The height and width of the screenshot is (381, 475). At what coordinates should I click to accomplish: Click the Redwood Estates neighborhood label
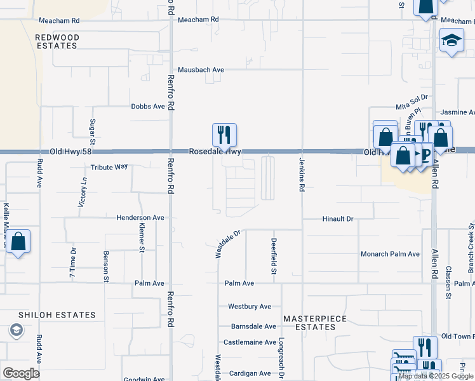tap(57, 42)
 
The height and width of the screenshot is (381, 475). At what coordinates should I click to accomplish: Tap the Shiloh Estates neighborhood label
tap(57, 315)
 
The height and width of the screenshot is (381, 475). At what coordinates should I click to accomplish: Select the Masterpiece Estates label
tap(309, 323)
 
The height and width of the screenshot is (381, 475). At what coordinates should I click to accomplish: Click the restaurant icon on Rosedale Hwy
tap(224, 135)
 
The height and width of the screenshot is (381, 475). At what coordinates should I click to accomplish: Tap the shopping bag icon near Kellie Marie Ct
tap(18, 242)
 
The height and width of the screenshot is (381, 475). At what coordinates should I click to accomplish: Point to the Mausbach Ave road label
tap(201, 70)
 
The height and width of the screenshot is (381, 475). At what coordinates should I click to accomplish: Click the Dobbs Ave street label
tap(148, 107)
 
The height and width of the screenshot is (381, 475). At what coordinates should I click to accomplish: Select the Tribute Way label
tap(109, 167)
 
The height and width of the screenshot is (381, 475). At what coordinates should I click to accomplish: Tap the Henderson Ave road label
tap(140, 218)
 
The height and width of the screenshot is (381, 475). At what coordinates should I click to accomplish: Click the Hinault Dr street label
tap(337, 219)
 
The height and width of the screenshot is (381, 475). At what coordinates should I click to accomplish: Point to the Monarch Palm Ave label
tap(391, 254)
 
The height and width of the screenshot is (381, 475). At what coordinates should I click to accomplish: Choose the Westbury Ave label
tap(250, 307)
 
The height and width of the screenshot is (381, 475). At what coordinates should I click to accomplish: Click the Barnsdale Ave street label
tap(253, 326)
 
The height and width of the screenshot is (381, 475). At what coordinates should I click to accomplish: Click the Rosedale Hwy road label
tap(215, 152)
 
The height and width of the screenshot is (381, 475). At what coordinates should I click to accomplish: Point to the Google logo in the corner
tap(21, 373)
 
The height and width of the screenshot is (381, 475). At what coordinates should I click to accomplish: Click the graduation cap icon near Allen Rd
tap(452, 40)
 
